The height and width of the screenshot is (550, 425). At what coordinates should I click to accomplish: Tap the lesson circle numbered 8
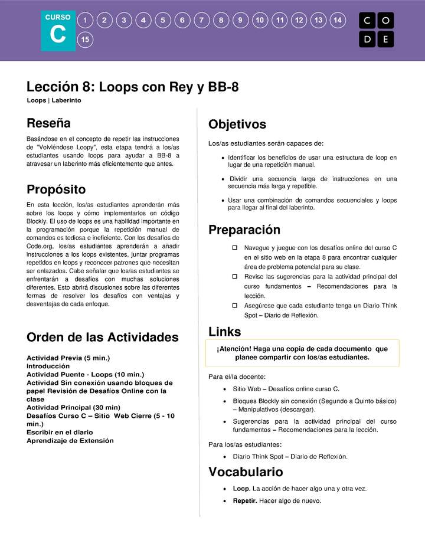point(221,20)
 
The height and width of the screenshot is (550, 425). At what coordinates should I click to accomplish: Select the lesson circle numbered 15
point(86,40)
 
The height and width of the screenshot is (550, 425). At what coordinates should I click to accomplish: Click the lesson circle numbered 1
point(86,20)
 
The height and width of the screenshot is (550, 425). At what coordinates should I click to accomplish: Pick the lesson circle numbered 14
point(337,20)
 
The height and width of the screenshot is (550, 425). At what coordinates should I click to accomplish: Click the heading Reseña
point(48,123)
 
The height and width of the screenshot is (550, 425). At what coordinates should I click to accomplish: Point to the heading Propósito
point(56,189)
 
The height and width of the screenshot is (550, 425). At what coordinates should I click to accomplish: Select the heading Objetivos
point(237,125)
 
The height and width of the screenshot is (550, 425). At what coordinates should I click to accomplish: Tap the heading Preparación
point(244,230)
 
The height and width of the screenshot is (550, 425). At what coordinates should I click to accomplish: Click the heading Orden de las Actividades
point(102,338)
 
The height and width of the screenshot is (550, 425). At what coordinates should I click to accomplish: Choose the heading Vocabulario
point(246,472)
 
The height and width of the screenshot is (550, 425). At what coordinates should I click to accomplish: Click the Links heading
point(224,332)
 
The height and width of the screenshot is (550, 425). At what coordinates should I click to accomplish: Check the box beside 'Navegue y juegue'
point(234,248)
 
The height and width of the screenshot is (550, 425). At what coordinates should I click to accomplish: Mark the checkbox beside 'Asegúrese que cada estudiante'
point(234,306)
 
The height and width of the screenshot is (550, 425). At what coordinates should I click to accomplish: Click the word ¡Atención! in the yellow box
point(235,349)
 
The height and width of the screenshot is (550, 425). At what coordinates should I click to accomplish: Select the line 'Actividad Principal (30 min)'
point(73,407)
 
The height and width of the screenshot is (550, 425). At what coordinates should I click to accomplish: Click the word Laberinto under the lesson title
point(66,100)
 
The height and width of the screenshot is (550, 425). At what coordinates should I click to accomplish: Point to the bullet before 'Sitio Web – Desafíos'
point(225,389)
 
